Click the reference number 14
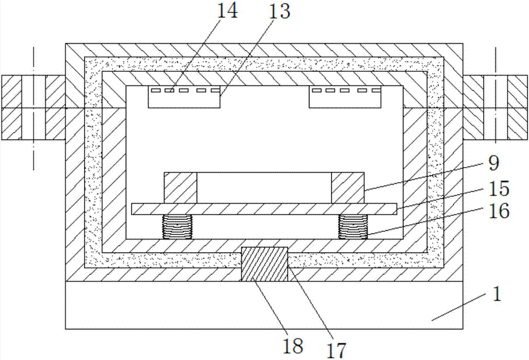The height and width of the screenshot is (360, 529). tap(226, 11)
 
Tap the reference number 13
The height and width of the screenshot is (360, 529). tap(279, 11)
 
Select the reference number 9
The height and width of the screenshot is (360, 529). tap(493, 163)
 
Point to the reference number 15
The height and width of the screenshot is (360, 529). tap(498, 189)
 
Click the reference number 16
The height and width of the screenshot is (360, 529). tap(498, 211)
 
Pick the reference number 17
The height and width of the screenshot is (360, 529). tap(336, 350)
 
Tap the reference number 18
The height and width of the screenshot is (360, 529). tap(293, 346)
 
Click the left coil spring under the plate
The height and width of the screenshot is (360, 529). tap(177, 227)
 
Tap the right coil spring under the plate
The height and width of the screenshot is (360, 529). tap(353, 227)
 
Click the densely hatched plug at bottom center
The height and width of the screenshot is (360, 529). tap(264, 264)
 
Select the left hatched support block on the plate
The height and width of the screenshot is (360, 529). tap(180, 188)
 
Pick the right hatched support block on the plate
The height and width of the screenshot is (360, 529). tap(348, 188)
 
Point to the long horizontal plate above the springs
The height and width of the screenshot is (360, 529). tap(264, 209)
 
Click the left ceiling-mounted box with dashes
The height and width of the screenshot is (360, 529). tap(184, 97)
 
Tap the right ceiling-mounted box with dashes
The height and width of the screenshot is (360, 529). tap(345, 97)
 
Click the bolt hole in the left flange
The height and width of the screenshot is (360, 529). tap(33, 107)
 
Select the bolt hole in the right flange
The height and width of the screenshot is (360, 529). tap(496, 107)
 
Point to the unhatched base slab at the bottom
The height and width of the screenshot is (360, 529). tap(264, 305)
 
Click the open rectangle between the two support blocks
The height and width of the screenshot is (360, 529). tap(264, 188)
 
